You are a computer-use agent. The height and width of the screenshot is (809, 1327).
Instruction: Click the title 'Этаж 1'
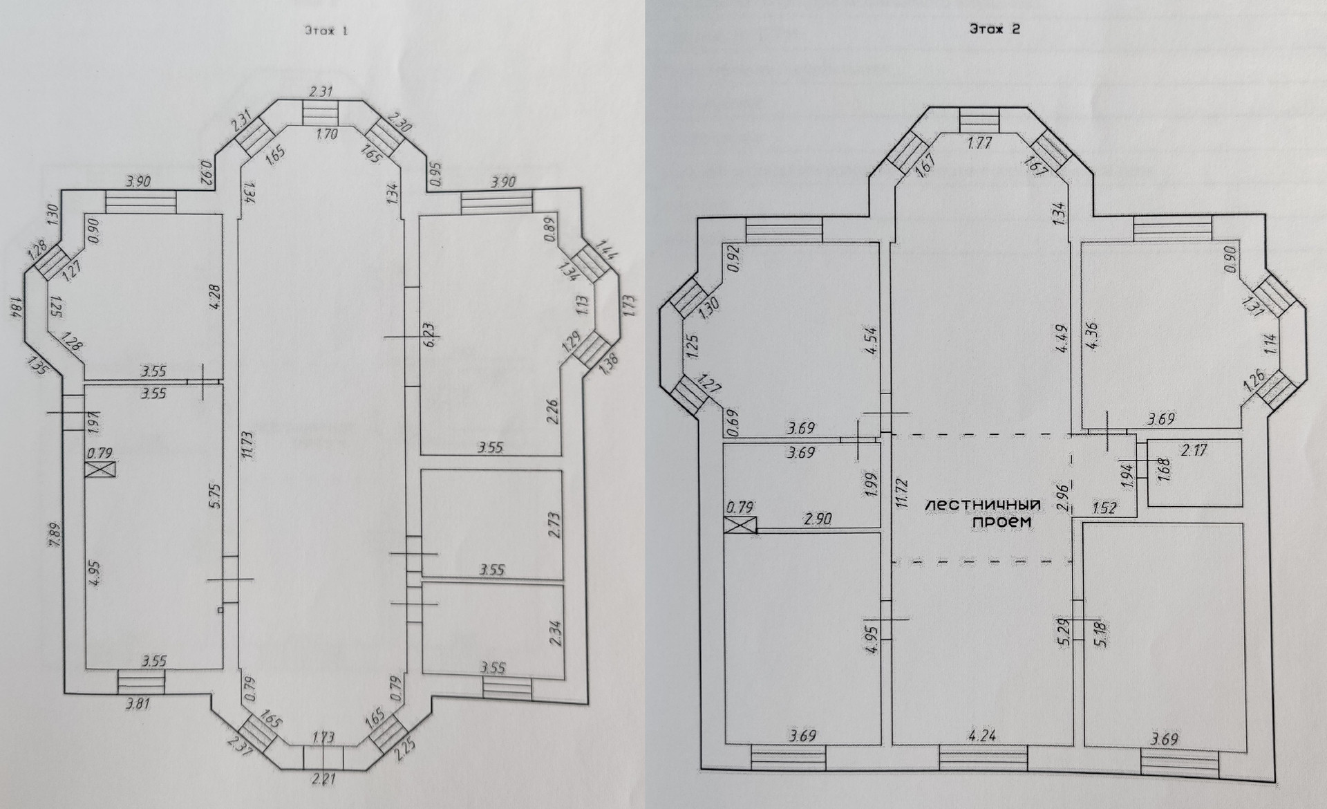(326, 30)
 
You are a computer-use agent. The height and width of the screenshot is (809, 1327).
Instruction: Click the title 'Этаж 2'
(995, 29)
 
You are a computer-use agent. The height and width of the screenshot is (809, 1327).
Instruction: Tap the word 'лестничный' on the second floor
(983, 506)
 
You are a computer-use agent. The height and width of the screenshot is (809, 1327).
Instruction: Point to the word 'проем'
(1001, 523)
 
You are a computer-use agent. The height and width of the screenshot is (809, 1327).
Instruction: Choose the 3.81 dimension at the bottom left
(138, 705)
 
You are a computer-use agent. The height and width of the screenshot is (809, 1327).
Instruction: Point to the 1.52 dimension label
(1104, 508)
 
